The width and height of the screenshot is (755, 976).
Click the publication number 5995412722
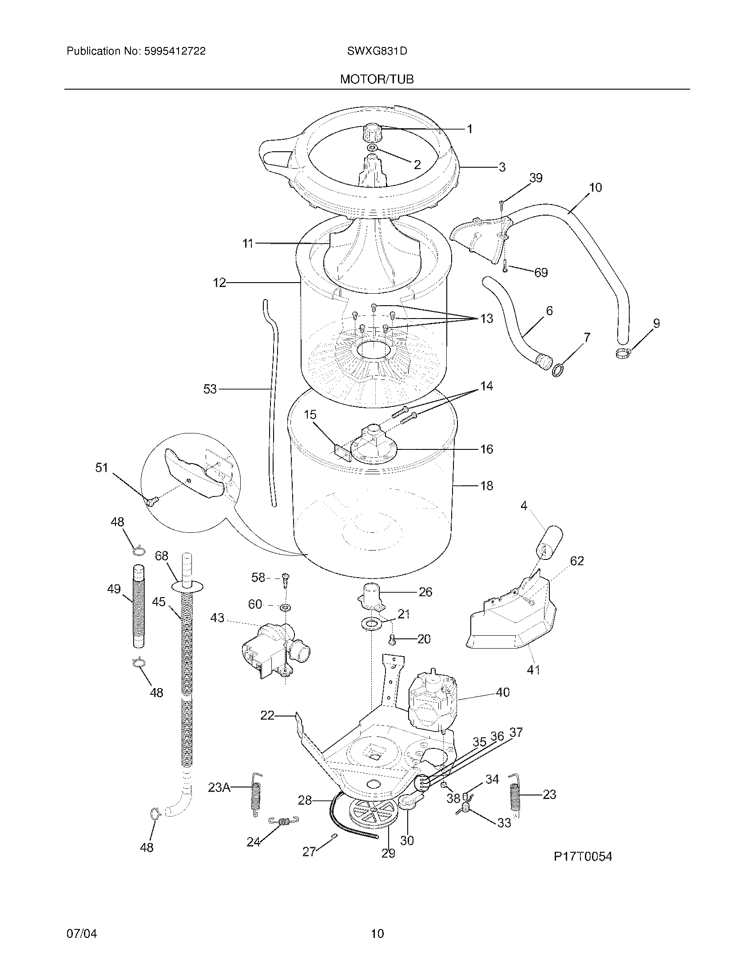pyautogui.click(x=175, y=51)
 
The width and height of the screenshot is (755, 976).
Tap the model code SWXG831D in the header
pyautogui.click(x=377, y=51)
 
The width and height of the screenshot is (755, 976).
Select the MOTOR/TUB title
pyautogui.click(x=377, y=79)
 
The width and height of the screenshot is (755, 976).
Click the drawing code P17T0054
pyautogui.click(x=582, y=856)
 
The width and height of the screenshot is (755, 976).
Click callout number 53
pyautogui.click(x=210, y=389)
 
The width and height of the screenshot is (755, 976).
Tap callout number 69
pyautogui.click(x=541, y=272)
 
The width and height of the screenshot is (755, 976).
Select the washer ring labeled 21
pyautogui.click(x=371, y=622)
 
